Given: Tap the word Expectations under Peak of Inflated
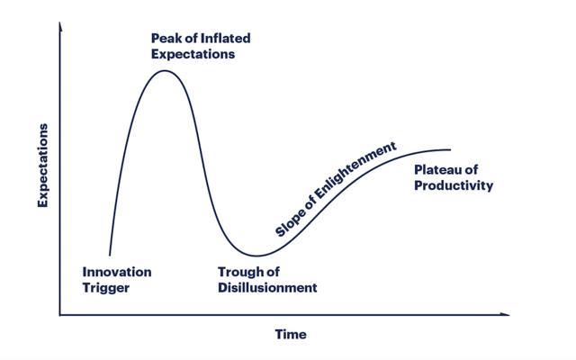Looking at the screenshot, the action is (193, 54).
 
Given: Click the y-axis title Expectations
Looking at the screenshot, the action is (43, 166).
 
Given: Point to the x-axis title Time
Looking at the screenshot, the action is (291, 334).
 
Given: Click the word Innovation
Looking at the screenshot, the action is (117, 272).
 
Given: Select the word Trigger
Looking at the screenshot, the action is (106, 288).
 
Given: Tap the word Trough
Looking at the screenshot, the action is (239, 272).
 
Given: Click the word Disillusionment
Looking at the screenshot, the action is (267, 288).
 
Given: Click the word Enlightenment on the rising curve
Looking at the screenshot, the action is (355, 170).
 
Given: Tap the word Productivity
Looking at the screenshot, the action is (454, 185).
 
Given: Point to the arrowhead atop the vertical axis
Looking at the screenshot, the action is (60, 26).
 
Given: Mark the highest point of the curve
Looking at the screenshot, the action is (164, 70).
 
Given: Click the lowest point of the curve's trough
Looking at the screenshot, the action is (257, 256).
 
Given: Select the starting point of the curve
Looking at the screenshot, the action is (110, 256).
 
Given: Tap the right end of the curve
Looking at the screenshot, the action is (450, 149).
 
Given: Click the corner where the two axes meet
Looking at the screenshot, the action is (60, 315).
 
